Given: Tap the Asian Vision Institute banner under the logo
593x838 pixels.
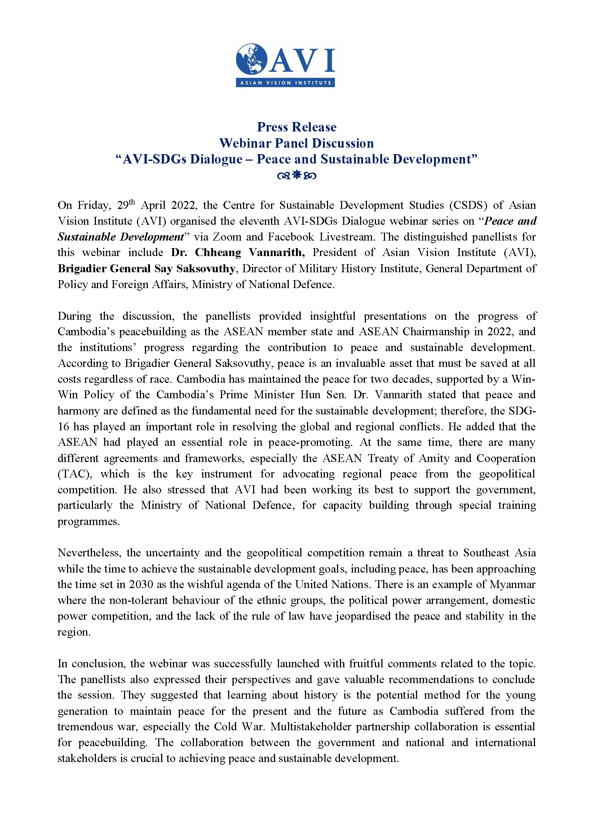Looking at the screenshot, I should (286, 83).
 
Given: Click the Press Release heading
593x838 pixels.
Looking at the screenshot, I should (296, 127).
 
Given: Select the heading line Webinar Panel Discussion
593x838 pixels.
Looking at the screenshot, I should (296, 143).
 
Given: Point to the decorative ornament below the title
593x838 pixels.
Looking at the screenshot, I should (296, 175).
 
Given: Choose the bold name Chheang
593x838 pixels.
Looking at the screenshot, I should (218, 252).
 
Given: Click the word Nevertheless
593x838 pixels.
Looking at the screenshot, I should (89, 553).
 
